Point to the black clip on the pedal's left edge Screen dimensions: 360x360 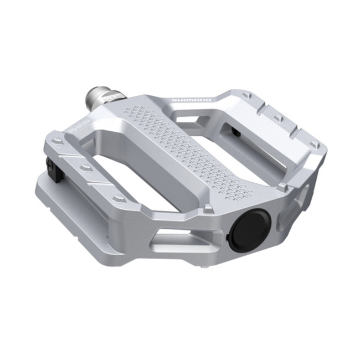(x=50, y=167)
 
